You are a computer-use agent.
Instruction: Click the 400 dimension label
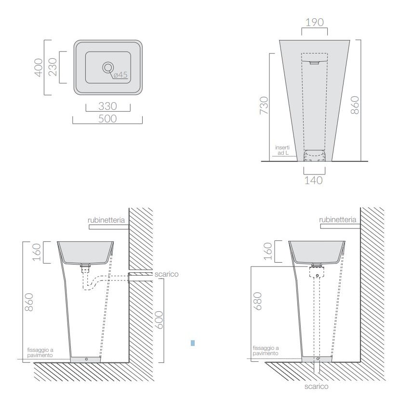click(x=39, y=67)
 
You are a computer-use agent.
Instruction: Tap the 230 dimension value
click(x=53, y=67)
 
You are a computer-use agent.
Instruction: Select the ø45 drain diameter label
click(x=120, y=75)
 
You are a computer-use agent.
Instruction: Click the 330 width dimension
click(x=108, y=106)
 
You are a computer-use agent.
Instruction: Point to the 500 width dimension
click(x=108, y=119)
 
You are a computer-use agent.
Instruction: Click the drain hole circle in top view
click(x=108, y=67)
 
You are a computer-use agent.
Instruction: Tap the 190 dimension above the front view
click(x=315, y=22)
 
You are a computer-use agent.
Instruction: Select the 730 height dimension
click(x=264, y=106)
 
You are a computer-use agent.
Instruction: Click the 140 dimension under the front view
click(x=314, y=180)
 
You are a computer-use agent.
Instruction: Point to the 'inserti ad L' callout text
click(x=282, y=150)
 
